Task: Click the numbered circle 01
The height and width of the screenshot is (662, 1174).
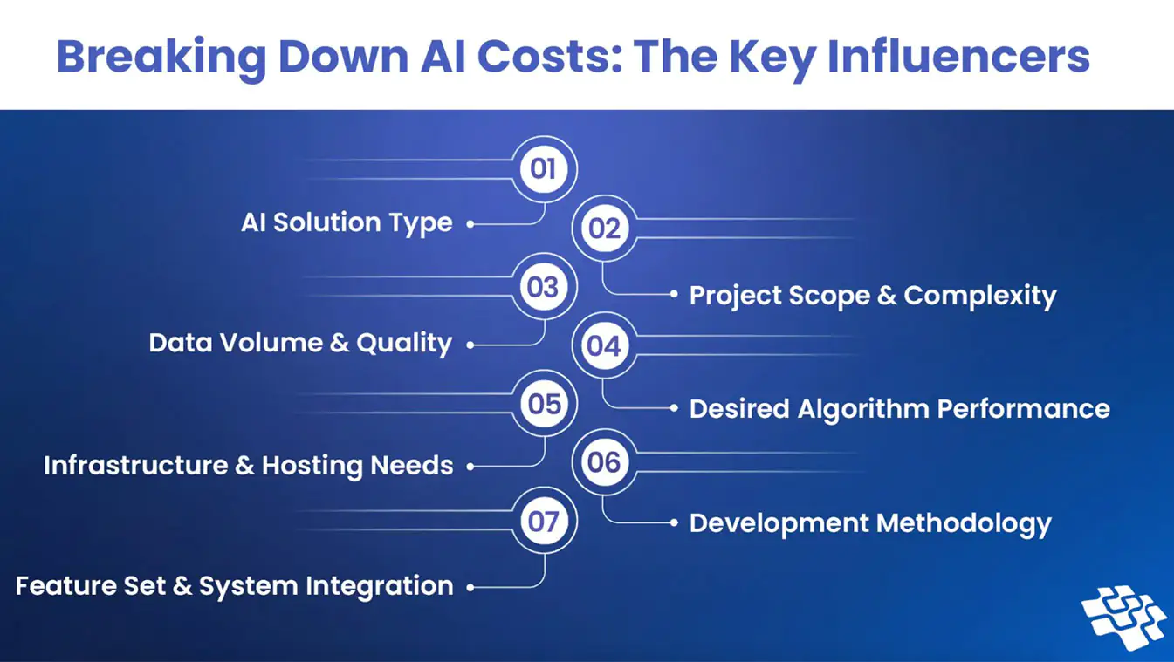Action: tap(544, 169)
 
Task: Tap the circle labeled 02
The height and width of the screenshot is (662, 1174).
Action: tap(604, 229)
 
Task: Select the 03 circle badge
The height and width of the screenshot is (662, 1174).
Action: tap(544, 286)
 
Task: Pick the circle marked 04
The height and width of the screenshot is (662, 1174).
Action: tap(604, 345)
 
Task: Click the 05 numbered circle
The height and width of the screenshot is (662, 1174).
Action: tap(544, 403)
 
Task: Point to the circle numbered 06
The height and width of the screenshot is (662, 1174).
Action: tap(604, 462)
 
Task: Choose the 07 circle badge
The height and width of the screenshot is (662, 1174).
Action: tap(544, 521)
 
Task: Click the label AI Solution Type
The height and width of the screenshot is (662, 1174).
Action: tap(347, 223)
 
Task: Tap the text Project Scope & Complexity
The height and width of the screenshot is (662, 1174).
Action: tap(873, 296)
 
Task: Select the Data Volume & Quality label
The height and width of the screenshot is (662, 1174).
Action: tap(300, 345)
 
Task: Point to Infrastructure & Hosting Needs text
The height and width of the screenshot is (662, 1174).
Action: tap(249, 466)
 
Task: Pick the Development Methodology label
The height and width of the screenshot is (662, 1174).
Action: tap(870, 523)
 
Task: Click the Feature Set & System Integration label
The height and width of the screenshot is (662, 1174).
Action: tap(234, 587)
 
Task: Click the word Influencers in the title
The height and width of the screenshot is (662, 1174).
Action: tap(958, 56)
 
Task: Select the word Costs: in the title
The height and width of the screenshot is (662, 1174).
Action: tap(549, 56)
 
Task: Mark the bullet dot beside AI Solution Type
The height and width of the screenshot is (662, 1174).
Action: tap(470, 224)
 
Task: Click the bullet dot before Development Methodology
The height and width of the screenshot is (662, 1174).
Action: tap(674, 522)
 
